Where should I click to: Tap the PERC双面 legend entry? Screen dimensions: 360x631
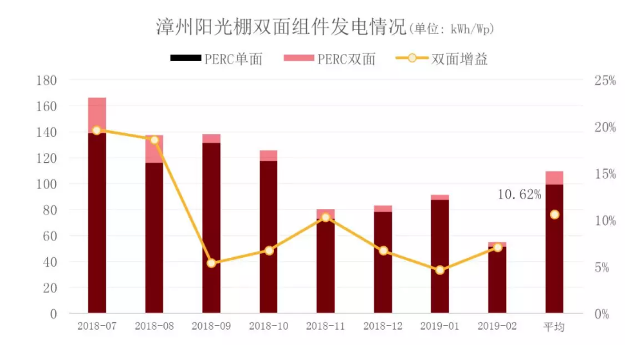click(x=329, y=60)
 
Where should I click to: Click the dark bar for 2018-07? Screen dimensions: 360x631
click(x=97, y=225)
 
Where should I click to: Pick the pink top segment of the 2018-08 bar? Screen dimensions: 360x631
click(x=154, y=148)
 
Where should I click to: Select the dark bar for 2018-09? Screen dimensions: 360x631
click(x=212, y=228)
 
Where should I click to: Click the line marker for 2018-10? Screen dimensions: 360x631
click(x=269, y=250)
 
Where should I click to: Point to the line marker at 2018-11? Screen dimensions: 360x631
click(x=325, y=217)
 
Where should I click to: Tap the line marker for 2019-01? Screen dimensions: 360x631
click(x=440, y=270)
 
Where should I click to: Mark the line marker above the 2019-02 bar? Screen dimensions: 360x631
click(x=497, y=248)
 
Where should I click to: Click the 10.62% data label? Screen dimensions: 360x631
click(x=519, y=194)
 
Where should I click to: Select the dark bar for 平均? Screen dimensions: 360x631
click(x=554, y=251)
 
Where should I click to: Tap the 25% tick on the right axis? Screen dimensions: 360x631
click(x=605, y=81)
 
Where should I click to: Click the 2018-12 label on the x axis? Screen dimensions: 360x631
click(x=383, y=327)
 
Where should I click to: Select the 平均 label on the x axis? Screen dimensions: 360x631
click(x=554, y=327)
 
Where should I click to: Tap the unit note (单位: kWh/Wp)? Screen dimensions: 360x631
click(x=452, y=30)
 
